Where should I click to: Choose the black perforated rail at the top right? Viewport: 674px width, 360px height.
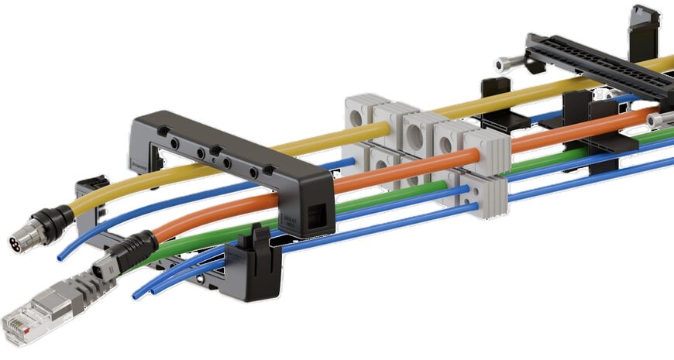[597, 66]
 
